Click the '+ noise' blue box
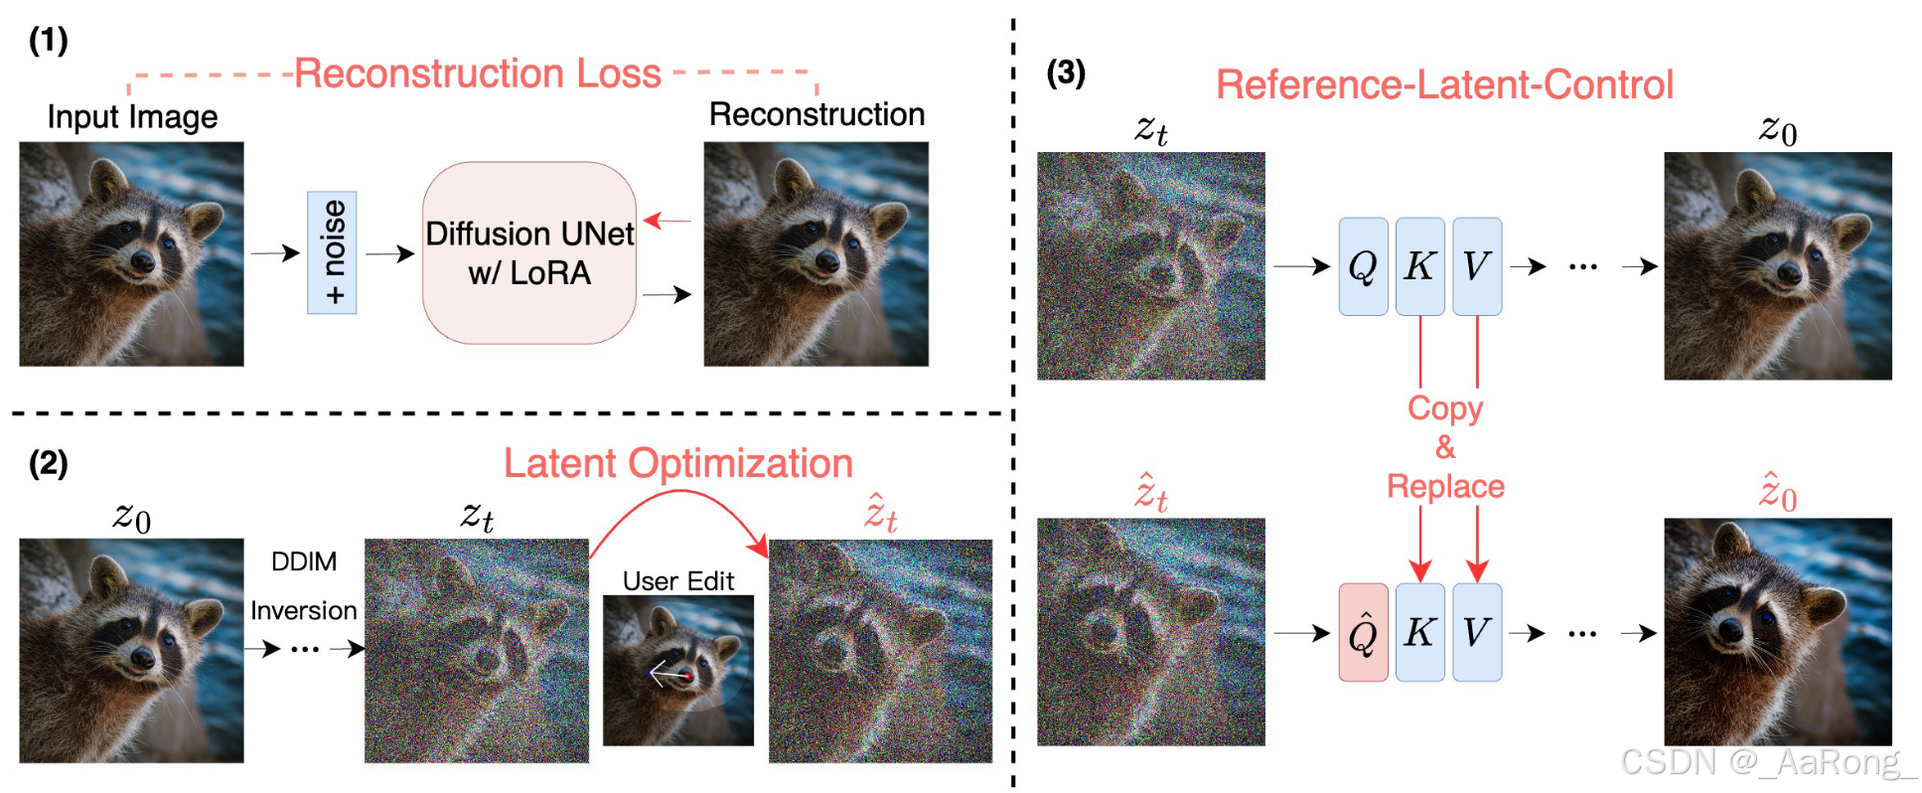tap(332, 252)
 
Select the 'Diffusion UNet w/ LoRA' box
tap(528, 252)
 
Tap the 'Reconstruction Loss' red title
tap(478, 74)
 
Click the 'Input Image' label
tap(132, 117)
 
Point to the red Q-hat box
tap(1363, 632)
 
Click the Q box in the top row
tap(1363, 266)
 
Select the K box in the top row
tap(1419, 266)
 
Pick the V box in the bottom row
tap(1476, 632)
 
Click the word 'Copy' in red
tap(1445, 408)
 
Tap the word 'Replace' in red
tap(1445, 486)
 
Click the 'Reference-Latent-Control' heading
tap(1444, 85)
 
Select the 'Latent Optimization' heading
tap(677, 463)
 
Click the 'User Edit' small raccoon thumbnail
tap(678, 670)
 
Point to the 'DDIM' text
tap(304, 561)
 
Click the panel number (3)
tap(1066, 73)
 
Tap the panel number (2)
tap(48, 463)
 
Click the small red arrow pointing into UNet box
tap(667, 220)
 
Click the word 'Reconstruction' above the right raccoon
tap(816, 114)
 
